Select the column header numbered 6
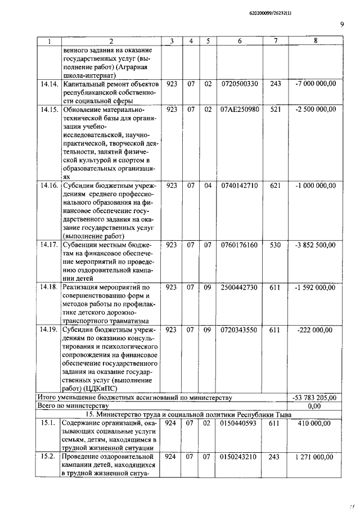(x=239, y=41)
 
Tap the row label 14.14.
(x=49, y=84)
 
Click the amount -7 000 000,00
(x=315, y=84)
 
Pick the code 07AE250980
(x=240, y=109)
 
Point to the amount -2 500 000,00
(x=315, y=109)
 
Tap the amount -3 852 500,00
(x=315, y=245)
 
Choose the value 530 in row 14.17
(x=275, y=245)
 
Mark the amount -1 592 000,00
(x=315, y=287)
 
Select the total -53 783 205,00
(x=315, y=398)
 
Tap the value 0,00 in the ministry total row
(x=315, y=406)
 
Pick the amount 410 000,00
(x=315, y=423)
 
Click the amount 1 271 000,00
(x=315, y=457)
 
